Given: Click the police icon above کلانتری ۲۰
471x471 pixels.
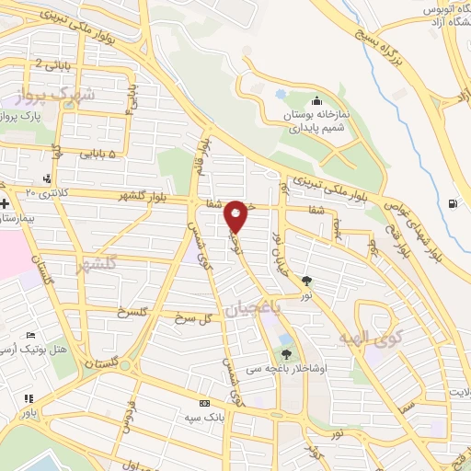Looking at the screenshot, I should pos(47,178).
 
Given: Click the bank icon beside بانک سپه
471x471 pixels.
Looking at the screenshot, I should pos(204,403).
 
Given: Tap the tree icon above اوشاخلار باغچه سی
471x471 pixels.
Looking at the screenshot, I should pos(286,353).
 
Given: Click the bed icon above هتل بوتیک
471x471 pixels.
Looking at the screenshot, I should pos(31,336).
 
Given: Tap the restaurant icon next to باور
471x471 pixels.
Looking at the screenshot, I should pos(29,398).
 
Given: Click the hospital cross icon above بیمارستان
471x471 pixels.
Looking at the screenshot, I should pos(5,203).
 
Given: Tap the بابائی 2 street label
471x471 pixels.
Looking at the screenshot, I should pos(50,63).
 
